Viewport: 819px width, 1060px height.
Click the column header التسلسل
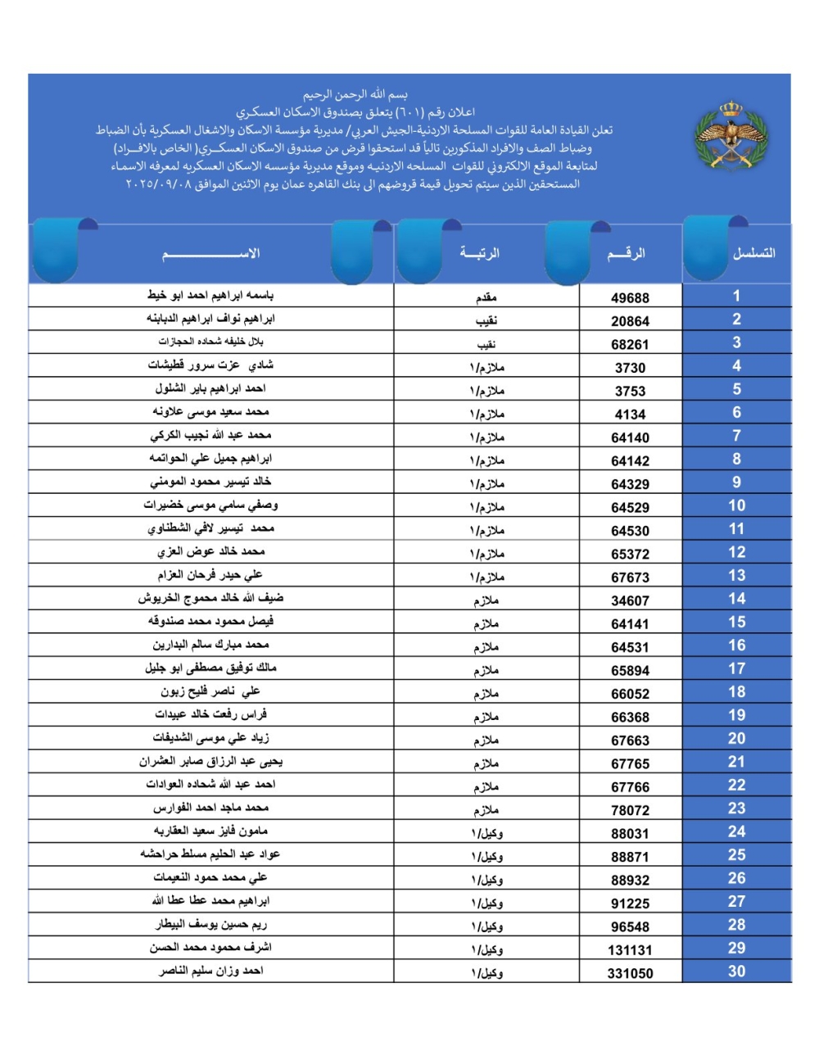[753, 253]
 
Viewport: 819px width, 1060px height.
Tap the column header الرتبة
[480, 253]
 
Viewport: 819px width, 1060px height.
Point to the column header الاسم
[211, 253]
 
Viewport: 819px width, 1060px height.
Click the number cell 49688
[630, 298]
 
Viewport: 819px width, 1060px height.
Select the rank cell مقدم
[486, 297]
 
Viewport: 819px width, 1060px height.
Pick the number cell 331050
[630, 973]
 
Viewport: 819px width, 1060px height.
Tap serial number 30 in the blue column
[736, 972]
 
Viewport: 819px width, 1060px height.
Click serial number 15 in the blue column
[736, 623]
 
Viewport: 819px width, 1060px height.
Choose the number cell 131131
[630, 950]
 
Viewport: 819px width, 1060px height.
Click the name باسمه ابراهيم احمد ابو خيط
[210, 295]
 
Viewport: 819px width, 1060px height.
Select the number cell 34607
[630, 600]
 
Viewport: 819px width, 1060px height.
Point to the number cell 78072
[630, 810]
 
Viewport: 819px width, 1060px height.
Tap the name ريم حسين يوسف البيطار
[211, 924]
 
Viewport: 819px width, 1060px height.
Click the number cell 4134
[630, 414]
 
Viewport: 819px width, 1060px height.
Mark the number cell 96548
[630, 927]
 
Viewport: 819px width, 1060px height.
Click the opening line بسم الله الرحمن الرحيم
[355, 95]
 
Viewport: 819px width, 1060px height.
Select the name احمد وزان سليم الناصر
[210, 971]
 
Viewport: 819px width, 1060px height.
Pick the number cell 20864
[630, 321]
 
